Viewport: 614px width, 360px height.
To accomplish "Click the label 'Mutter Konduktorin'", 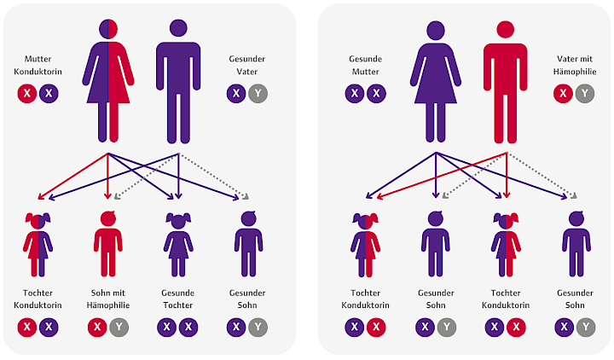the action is [x=38, y=65].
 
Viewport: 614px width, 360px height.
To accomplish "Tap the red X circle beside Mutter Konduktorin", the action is [x=27, y=94].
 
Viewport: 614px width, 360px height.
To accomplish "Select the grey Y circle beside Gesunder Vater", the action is [x=258, y=94].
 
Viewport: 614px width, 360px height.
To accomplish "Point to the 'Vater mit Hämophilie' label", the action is [x=575, y=65].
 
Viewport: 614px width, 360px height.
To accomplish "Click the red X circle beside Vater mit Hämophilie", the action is [x=563, y=94].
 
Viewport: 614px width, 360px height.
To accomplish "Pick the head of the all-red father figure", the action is [x=505, y=29].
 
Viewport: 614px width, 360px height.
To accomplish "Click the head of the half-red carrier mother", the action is [x=108, y=29].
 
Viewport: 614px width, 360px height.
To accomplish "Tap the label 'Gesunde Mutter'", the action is [x=365, y=65].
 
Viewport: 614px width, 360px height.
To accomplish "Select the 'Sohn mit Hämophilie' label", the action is [x=108, y=299].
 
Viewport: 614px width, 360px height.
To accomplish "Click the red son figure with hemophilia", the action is [x=108, y=244].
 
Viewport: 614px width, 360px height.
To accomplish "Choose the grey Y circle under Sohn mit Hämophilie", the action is [x=119, y=327].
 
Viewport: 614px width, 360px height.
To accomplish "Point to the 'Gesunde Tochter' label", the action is [x=177, y=299].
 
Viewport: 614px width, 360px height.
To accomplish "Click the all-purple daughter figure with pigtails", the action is [x=178, y=245].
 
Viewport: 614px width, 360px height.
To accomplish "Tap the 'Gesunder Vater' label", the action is [x=246, y=65].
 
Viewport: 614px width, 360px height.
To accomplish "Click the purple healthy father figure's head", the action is [x=178, y=28].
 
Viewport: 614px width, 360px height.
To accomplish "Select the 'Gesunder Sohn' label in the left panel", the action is [x=247, y=299].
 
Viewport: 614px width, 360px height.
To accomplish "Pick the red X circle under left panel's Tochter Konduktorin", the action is [x=27, y=327].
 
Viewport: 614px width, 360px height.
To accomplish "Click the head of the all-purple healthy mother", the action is [x=436, y=31].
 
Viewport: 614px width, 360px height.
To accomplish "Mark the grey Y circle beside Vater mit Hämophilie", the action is [x=585, y=94].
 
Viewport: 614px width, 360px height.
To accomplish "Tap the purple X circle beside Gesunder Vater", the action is [x=236, y=94].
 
